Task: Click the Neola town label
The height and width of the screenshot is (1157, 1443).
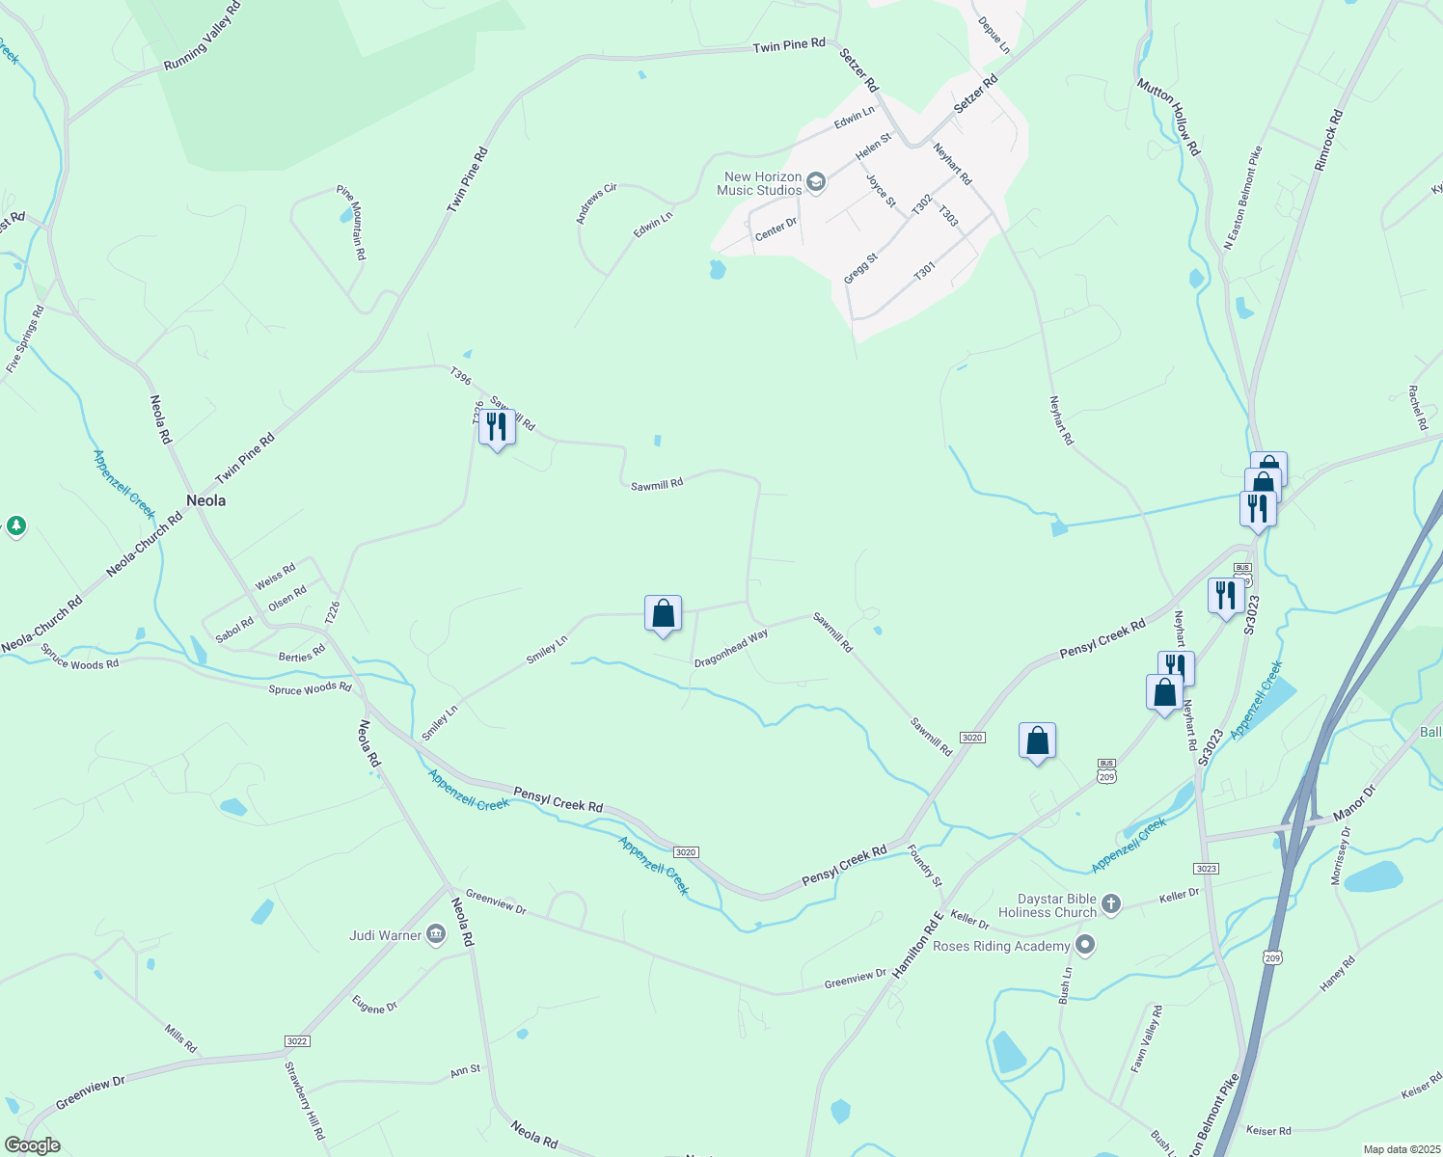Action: (x=205, y=500)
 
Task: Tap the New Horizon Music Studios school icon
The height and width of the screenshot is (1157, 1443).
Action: (x=816, y=183)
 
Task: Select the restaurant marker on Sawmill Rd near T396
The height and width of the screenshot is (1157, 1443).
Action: (x=497, y=427)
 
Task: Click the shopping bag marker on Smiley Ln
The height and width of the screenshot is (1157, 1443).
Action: (x=663, y=613)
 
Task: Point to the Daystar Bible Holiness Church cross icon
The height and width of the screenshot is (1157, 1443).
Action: (x=1111, y=904)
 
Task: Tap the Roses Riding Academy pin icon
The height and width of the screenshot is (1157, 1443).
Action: (x=1085, y=945)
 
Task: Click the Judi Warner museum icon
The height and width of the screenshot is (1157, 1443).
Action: (x=436, y=934)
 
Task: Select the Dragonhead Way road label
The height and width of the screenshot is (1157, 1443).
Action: (x=731, y=648)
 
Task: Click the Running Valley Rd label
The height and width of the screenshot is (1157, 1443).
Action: (x=202, y=37)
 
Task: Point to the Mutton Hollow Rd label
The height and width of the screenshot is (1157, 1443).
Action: (x=1168, y=117)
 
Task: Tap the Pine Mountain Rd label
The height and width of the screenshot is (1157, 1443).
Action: (x=351, y=223)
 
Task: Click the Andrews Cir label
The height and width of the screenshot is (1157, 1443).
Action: (x=596, y=204)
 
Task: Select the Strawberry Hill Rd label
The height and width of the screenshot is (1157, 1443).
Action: (x=305, y=1100)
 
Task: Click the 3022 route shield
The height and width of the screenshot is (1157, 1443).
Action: (x=297, y=1041)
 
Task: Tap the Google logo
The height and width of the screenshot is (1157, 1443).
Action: (x=32, y=1145)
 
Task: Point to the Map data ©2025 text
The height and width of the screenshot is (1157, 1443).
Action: (x=1401, y=1149)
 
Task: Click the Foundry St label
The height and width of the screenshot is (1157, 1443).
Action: (x=925, y=865)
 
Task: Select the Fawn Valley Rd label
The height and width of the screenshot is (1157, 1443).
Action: (x=1147, y=1038)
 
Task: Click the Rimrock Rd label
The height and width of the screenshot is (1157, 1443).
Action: (x=1328, y=141)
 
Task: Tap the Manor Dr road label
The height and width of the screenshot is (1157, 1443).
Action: (x=1354, y=802)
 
